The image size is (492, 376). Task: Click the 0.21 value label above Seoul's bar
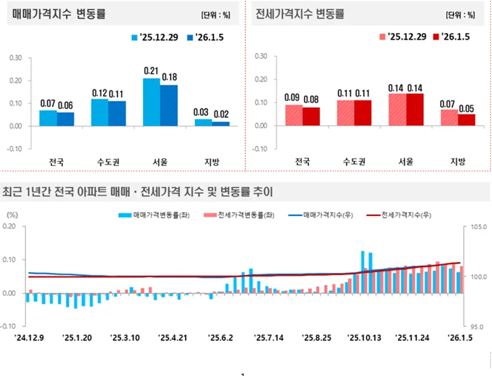click(x=151, y=71)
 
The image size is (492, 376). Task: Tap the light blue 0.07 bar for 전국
click(x=48, y=117)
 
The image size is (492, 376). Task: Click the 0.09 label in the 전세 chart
click(x=292, y=97)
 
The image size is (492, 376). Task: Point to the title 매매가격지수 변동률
click(x=58, y=15)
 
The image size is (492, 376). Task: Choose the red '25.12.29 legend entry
click(x=403, y=37)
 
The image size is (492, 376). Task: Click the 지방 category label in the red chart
click(x=458, y=161)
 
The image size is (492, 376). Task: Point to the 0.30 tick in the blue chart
click(x=16, y=57)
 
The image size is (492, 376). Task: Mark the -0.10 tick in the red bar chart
click(x=260, y=148)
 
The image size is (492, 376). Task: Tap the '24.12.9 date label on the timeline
click(x=29, y=338)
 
